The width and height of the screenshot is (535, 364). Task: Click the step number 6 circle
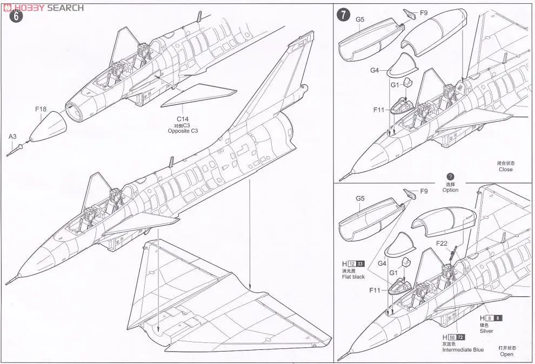tap(17, 16)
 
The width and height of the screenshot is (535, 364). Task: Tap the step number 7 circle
tap(343, 15)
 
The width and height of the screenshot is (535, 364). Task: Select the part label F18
tap(41, 109)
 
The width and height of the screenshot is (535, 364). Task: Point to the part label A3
tap(12, 137)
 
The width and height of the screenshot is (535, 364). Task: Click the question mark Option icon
tap(450, 177)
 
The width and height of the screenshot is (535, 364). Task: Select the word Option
tap(450, 190)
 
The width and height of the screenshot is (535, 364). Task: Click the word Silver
tap(487, 332)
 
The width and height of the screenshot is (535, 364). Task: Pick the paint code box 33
tap(360, 264)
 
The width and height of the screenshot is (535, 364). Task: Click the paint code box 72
tap(460, 337)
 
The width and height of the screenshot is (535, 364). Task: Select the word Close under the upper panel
tap(506, 170)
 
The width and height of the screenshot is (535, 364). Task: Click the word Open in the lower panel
tap(506, 354)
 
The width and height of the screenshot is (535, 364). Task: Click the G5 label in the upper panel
tap(360, 19)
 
